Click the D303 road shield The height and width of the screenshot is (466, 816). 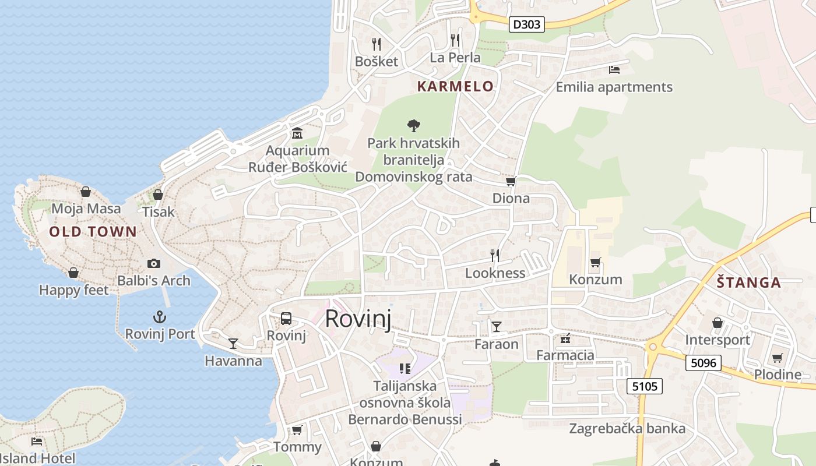click(x=527, y=24)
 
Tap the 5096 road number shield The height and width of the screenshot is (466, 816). click(x=703, y=363)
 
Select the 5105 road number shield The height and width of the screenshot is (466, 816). click(x=644, y=386)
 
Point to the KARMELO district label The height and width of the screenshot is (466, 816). click(x=455, y=87)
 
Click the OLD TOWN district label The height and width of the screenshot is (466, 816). click(x=93, y=232)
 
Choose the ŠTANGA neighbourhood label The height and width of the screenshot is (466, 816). click(x=749, y=283)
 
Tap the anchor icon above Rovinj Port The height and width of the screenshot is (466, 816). click(x=159, y=317)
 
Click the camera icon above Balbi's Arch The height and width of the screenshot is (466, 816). click(x=154, y=263)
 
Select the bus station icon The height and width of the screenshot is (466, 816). click(x=286, y=319)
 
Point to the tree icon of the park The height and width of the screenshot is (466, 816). click(x=414, y=125)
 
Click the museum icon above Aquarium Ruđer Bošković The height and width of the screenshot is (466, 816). click(x=297, y=133)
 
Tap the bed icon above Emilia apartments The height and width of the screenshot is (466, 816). click(x=614, y=70)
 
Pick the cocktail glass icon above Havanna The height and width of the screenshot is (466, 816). click(x=233, y=344)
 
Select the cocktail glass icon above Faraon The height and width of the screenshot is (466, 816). click(x=496, y=327)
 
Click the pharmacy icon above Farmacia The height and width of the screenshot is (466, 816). click(x=565, y=338)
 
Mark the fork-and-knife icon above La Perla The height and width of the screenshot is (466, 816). click(x=455, y=40)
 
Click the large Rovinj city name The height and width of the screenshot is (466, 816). click(x=357, y=319)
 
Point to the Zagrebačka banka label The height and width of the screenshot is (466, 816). click(x=627, y=429)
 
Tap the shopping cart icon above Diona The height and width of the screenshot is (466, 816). click(x=511, y=182)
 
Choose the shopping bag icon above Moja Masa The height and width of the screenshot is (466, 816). click(x=86, y=192)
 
